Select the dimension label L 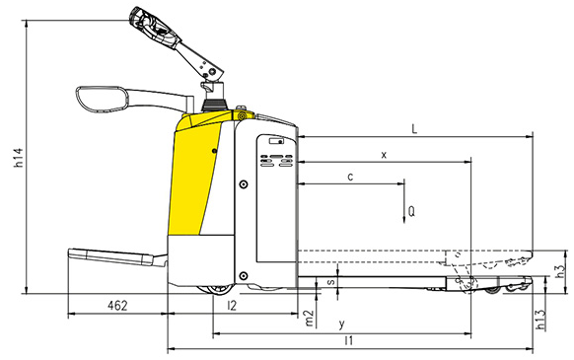tap(415, 129)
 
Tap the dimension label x tap(384, 155)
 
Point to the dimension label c tap(350, 177)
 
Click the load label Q tap(411, 211)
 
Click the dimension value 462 tap(117, 308)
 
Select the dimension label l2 tap(232, 307)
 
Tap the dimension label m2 tap(310, 318)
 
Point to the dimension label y tap(341, 324)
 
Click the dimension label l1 tap(349, 340)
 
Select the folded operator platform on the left tap(113, 256)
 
